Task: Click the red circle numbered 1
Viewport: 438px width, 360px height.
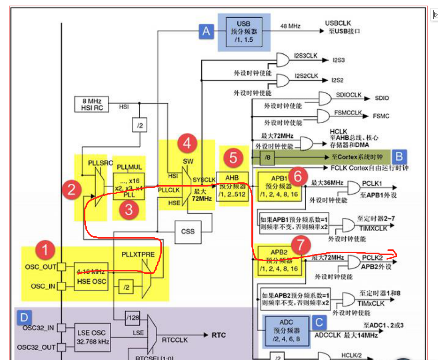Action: click(45, 250)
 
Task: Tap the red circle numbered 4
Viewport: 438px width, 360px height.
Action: click(187, 143)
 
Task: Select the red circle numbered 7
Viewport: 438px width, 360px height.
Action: click(300, 245)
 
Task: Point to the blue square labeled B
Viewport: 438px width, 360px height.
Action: click(400, 156)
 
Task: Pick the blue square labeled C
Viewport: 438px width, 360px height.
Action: click(319, 322)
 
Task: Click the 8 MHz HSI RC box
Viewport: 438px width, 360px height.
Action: click(91, 104)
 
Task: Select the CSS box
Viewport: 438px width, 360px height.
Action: click(188, 232)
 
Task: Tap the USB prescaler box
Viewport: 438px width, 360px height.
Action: click(243, 31)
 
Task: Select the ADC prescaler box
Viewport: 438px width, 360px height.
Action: click(286, 330)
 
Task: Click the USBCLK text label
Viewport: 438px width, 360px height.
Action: click(338, 23)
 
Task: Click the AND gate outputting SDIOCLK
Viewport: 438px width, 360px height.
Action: click(324, 98)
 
